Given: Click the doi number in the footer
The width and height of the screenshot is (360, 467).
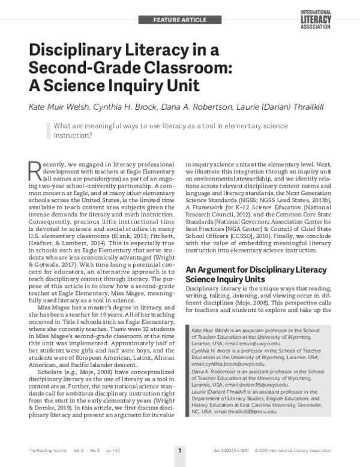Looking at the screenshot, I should [x=232, y=449].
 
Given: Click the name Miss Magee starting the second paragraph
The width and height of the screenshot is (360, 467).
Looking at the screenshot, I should [x=56, y=308].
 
